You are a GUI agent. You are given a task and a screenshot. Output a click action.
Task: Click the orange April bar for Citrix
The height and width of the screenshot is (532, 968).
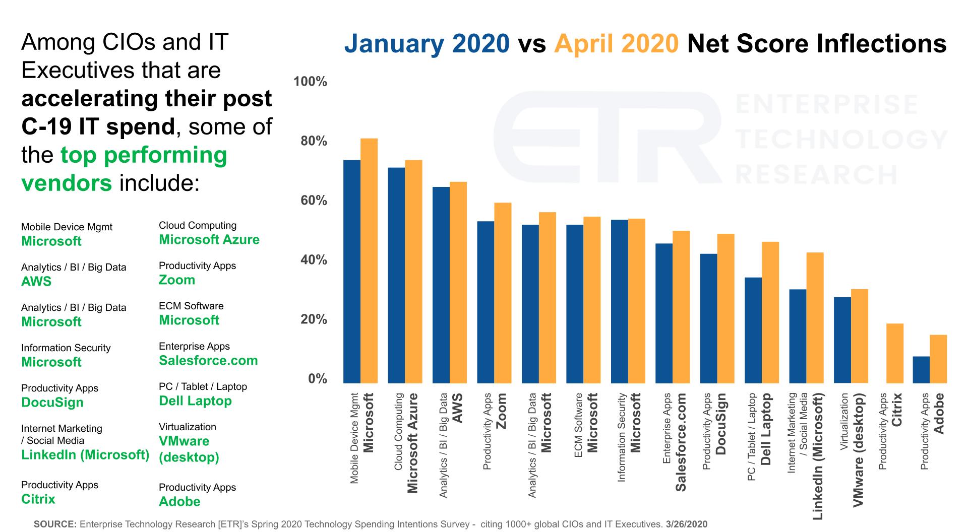[x=895, y=353]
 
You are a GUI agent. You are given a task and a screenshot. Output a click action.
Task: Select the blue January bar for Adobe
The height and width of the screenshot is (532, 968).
[x=921, y=370]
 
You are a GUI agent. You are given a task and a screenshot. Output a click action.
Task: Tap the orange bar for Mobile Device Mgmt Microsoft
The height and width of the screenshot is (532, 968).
[x=369, y=260]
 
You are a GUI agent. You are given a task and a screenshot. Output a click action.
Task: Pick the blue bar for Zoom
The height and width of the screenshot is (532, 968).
[x=486, y=302]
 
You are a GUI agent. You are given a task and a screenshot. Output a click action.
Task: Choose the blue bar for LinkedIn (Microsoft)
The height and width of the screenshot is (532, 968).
[x=798, y=336]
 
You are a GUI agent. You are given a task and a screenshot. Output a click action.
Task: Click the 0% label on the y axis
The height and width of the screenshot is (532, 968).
[x=318, y=379]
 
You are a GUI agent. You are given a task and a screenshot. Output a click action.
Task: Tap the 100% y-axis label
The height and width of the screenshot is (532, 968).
[x=310, y=82]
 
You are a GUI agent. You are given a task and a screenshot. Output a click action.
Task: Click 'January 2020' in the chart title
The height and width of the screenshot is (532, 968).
[x=427, y=44]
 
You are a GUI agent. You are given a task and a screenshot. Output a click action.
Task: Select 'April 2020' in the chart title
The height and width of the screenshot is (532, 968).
[x=616, y=44]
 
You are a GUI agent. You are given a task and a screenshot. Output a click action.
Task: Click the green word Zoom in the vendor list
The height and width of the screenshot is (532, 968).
[x=177, y=280]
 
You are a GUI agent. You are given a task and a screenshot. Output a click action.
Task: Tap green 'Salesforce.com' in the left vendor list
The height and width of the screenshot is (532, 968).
[x=208, y=361]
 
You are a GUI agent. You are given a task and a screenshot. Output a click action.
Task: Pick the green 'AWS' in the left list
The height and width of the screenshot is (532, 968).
[x=36, y=282]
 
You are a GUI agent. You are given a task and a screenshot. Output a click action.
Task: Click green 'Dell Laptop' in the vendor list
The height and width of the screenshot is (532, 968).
[x=195, y=401]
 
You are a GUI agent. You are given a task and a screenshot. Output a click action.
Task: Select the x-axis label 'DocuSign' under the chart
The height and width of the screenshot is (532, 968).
[x=721, y=425]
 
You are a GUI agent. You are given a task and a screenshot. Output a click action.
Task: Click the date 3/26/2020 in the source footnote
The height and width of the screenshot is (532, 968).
[x=686, y=524]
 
